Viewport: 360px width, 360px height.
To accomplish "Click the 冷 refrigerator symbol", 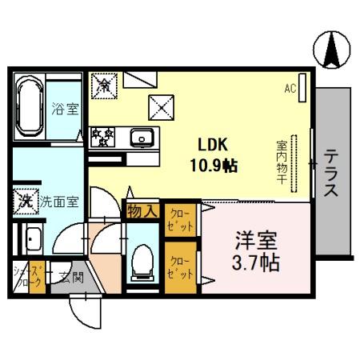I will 104,83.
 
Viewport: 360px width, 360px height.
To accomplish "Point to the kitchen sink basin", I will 142,138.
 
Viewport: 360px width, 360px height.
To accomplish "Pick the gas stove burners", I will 102,136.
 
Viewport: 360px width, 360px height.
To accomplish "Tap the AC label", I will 290,90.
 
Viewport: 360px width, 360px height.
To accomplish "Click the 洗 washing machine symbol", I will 26,200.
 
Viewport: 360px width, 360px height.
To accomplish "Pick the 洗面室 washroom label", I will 59,202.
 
